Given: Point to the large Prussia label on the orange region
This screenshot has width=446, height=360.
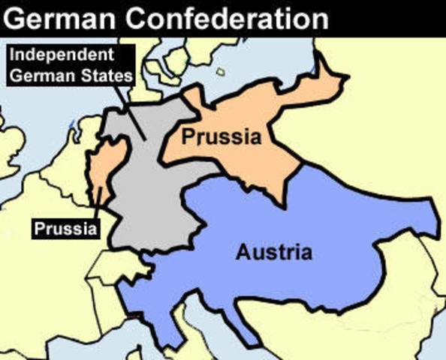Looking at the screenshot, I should [x=225, y=138].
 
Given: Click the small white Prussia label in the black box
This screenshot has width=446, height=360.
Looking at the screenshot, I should [x=65, y=227].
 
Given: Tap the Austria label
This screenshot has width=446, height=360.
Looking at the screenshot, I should [x=273, y=252].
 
